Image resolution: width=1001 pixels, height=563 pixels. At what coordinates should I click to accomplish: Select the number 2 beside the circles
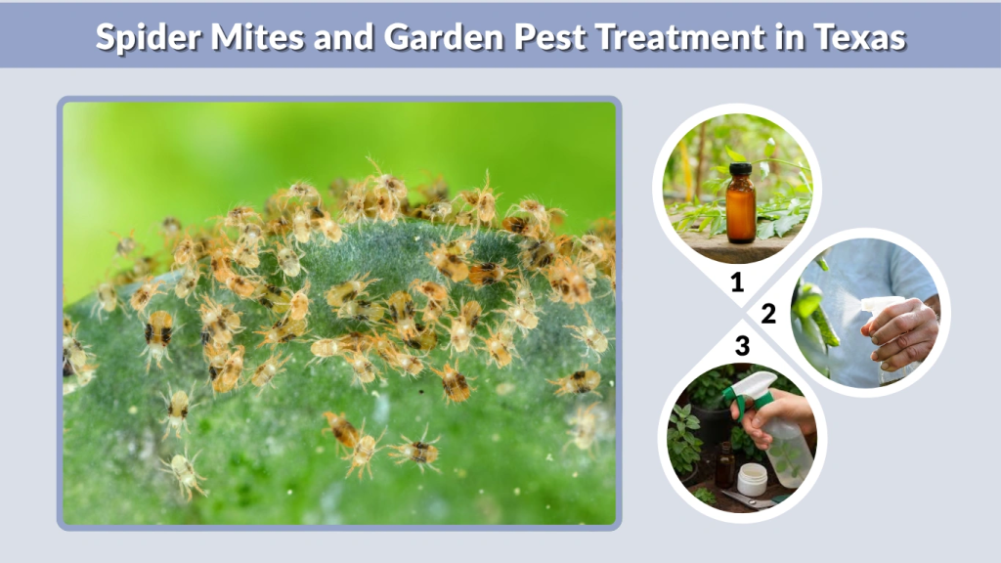coord(769,314)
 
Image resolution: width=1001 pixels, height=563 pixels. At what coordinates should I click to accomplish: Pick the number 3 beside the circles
coord(742,345)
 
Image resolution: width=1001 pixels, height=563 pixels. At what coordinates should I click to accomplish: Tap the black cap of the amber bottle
coord(741,170)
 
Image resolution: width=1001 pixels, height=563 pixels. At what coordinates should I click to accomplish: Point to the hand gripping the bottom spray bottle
coord(774,412)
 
